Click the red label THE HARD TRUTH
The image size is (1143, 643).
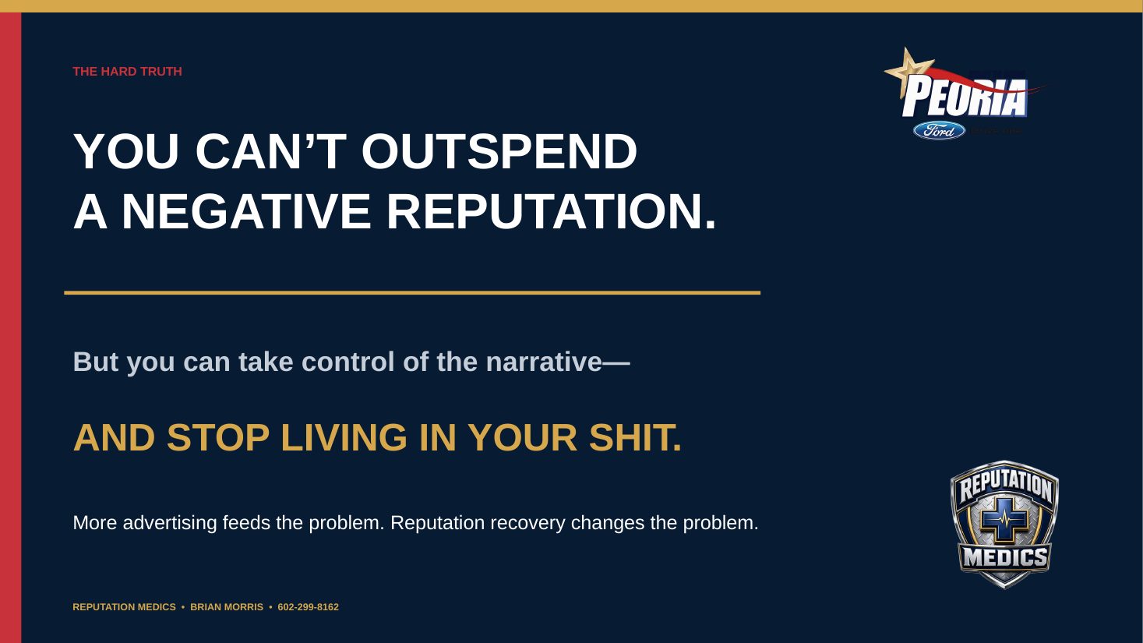tap(127, 72)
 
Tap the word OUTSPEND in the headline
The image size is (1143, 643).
tap(499, 151)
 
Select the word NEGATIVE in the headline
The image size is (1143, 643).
tap(246, 212)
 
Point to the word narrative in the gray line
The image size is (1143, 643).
tap(544, 362)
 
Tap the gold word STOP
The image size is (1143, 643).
tap(218, 438)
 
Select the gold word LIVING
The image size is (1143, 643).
tap(344, 438)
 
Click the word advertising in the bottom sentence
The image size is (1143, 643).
tap(170, 524)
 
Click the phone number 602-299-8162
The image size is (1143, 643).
tap(309, 607)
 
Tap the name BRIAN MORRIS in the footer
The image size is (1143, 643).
tap(227, 607)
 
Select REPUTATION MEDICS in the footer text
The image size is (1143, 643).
tap(124, 607)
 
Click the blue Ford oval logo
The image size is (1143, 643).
tap(939, 131)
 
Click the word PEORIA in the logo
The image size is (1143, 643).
tap(965, 97)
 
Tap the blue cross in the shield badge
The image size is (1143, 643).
tap(1005, 521)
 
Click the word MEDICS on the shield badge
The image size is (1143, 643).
tap(1005, 557)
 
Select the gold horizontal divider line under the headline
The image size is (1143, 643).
tap(412, 293)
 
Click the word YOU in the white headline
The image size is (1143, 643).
tap(126, 151)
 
